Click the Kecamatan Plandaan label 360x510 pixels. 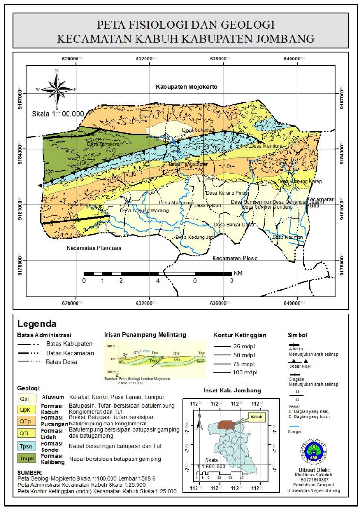pyautogui.click(x=94, y=248)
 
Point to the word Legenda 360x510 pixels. pyautogui.click(x=37, y=324)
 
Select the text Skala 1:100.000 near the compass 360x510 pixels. pyautogui.click(x=58, y=114)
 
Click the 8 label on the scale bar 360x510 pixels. pyautogui.click(x=231, y=280)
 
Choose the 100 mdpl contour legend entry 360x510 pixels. pyautogui.click(x=243, y=373)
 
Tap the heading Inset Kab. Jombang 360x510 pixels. pyautogui.click(x=232, y=391)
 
